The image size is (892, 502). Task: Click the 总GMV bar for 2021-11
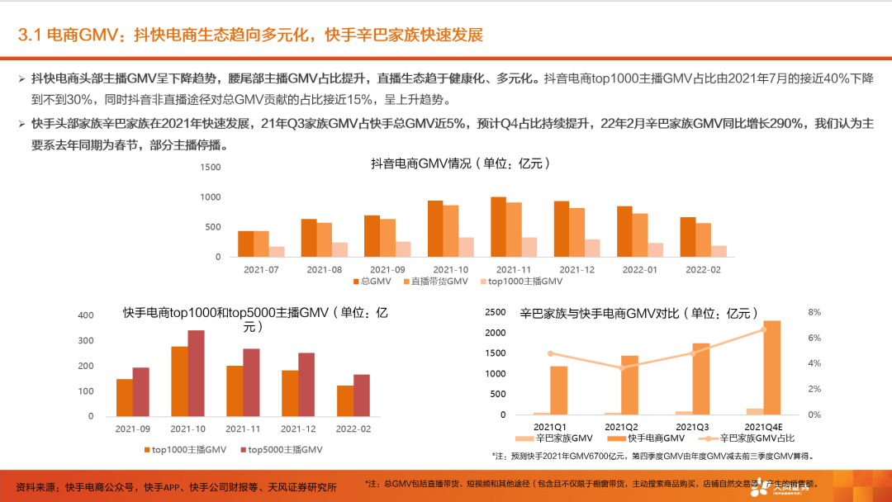(x=498, y=227)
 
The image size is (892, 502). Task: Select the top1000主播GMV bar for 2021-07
(x=277, y=251)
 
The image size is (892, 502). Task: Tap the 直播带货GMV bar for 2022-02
(x=703, y=239)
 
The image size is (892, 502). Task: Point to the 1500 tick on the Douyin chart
(x=211, y=167)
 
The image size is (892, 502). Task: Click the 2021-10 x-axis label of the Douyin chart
(x=450, y=269)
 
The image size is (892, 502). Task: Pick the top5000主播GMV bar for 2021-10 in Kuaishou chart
(x=196, y=376)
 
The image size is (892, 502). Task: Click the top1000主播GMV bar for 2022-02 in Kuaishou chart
(x=345, y=400)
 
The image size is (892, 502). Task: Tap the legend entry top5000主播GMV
(x=281, y=449)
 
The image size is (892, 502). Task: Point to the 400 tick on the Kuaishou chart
(x=86, y=315)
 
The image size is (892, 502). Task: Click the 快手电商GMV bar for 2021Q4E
(x=771, y=367)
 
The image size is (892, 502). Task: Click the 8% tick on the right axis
(x=814, y=312)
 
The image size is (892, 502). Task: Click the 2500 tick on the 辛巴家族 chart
(x=495, y=312)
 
